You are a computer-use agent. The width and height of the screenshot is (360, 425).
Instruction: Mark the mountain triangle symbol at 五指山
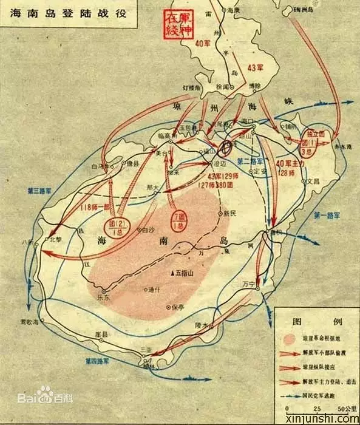[x=174, y=272]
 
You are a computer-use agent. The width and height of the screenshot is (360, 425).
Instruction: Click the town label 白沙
[x=147, y=230]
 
